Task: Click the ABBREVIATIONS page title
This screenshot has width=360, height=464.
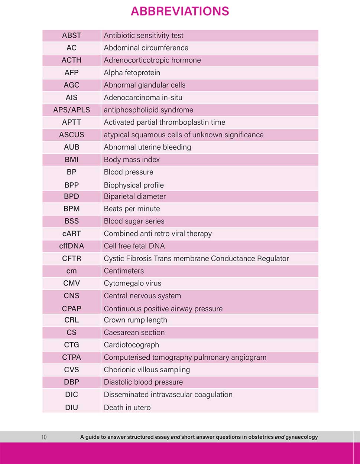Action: pos(180,11)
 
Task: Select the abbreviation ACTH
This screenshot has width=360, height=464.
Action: pos(71,60)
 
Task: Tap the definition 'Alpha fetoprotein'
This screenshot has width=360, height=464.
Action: pos(132,73)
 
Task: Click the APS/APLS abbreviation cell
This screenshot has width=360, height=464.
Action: pos(71,110)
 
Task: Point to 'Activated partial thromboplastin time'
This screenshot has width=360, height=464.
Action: pos(164,122)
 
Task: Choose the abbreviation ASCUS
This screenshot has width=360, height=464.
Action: pos(71,135)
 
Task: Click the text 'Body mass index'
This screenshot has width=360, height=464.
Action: pos(132,160)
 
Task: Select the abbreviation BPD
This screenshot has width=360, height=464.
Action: pos(71,196)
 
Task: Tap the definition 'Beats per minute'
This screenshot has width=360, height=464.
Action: pos(132,209)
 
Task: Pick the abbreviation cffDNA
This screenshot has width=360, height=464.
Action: pos(71,246)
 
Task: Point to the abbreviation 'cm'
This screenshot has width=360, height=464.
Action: pos(71,271)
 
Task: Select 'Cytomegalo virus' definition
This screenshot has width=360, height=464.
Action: pos(132,283)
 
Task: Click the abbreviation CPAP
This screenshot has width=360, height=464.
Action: pos(71,308)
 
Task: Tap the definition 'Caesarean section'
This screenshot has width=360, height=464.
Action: pos(134,332)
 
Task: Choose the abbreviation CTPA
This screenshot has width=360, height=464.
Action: pos(71,357)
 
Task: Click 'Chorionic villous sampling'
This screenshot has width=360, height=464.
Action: pos(147,370)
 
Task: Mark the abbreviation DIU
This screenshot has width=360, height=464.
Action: pos(71,407)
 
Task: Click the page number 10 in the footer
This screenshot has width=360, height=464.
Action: pos(44,437)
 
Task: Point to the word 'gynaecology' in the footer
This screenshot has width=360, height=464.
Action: pos(301,437)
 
